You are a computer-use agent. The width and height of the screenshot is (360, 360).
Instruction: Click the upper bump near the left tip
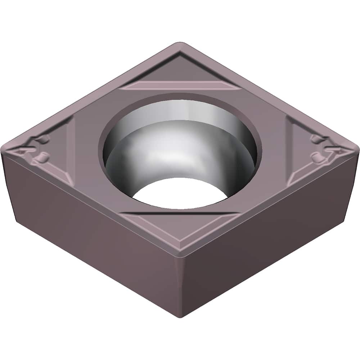pyautogui.click(x=45, y=139)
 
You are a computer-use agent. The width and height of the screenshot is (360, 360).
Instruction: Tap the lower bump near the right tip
pyautogui.click(x=317, y=157)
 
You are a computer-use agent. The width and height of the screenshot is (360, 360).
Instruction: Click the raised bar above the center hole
pyautogui.click(x=178, y=85)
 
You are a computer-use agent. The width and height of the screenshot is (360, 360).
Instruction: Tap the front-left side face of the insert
pyautogui.click(x=90, y=230)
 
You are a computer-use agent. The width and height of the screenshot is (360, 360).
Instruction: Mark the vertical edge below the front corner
pyautogui.click(x=180, y=284)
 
